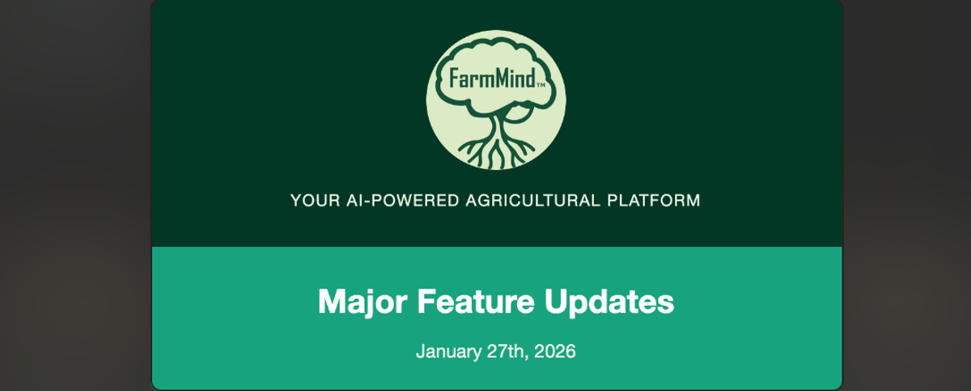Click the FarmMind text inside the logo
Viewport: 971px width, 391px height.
tap(492, 79)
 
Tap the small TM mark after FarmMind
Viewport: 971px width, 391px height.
tap(541, 85)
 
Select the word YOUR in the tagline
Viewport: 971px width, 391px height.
tap(315, 201)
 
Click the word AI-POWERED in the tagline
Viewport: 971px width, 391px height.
tap(403, 201)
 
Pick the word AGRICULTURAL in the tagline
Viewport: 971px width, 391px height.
tap(533, 201)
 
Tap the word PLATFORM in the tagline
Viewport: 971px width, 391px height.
tap(654, 201)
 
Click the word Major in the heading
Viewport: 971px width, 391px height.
tap(363, 302)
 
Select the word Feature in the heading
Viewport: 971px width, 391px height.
tap(476, 301)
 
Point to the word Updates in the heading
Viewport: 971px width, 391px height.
tap(609, 302)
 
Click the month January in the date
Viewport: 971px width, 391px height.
tap(448, 351)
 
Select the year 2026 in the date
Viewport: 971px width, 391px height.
tap(555, 351)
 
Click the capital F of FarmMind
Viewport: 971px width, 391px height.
tap(453, 79)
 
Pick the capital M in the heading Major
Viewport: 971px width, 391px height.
tap(331, 301)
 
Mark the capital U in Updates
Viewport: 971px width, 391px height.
tap(556, 301)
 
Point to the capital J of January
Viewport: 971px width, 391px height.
tap(421, 351)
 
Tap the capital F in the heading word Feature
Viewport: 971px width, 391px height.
tap(427, 301)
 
